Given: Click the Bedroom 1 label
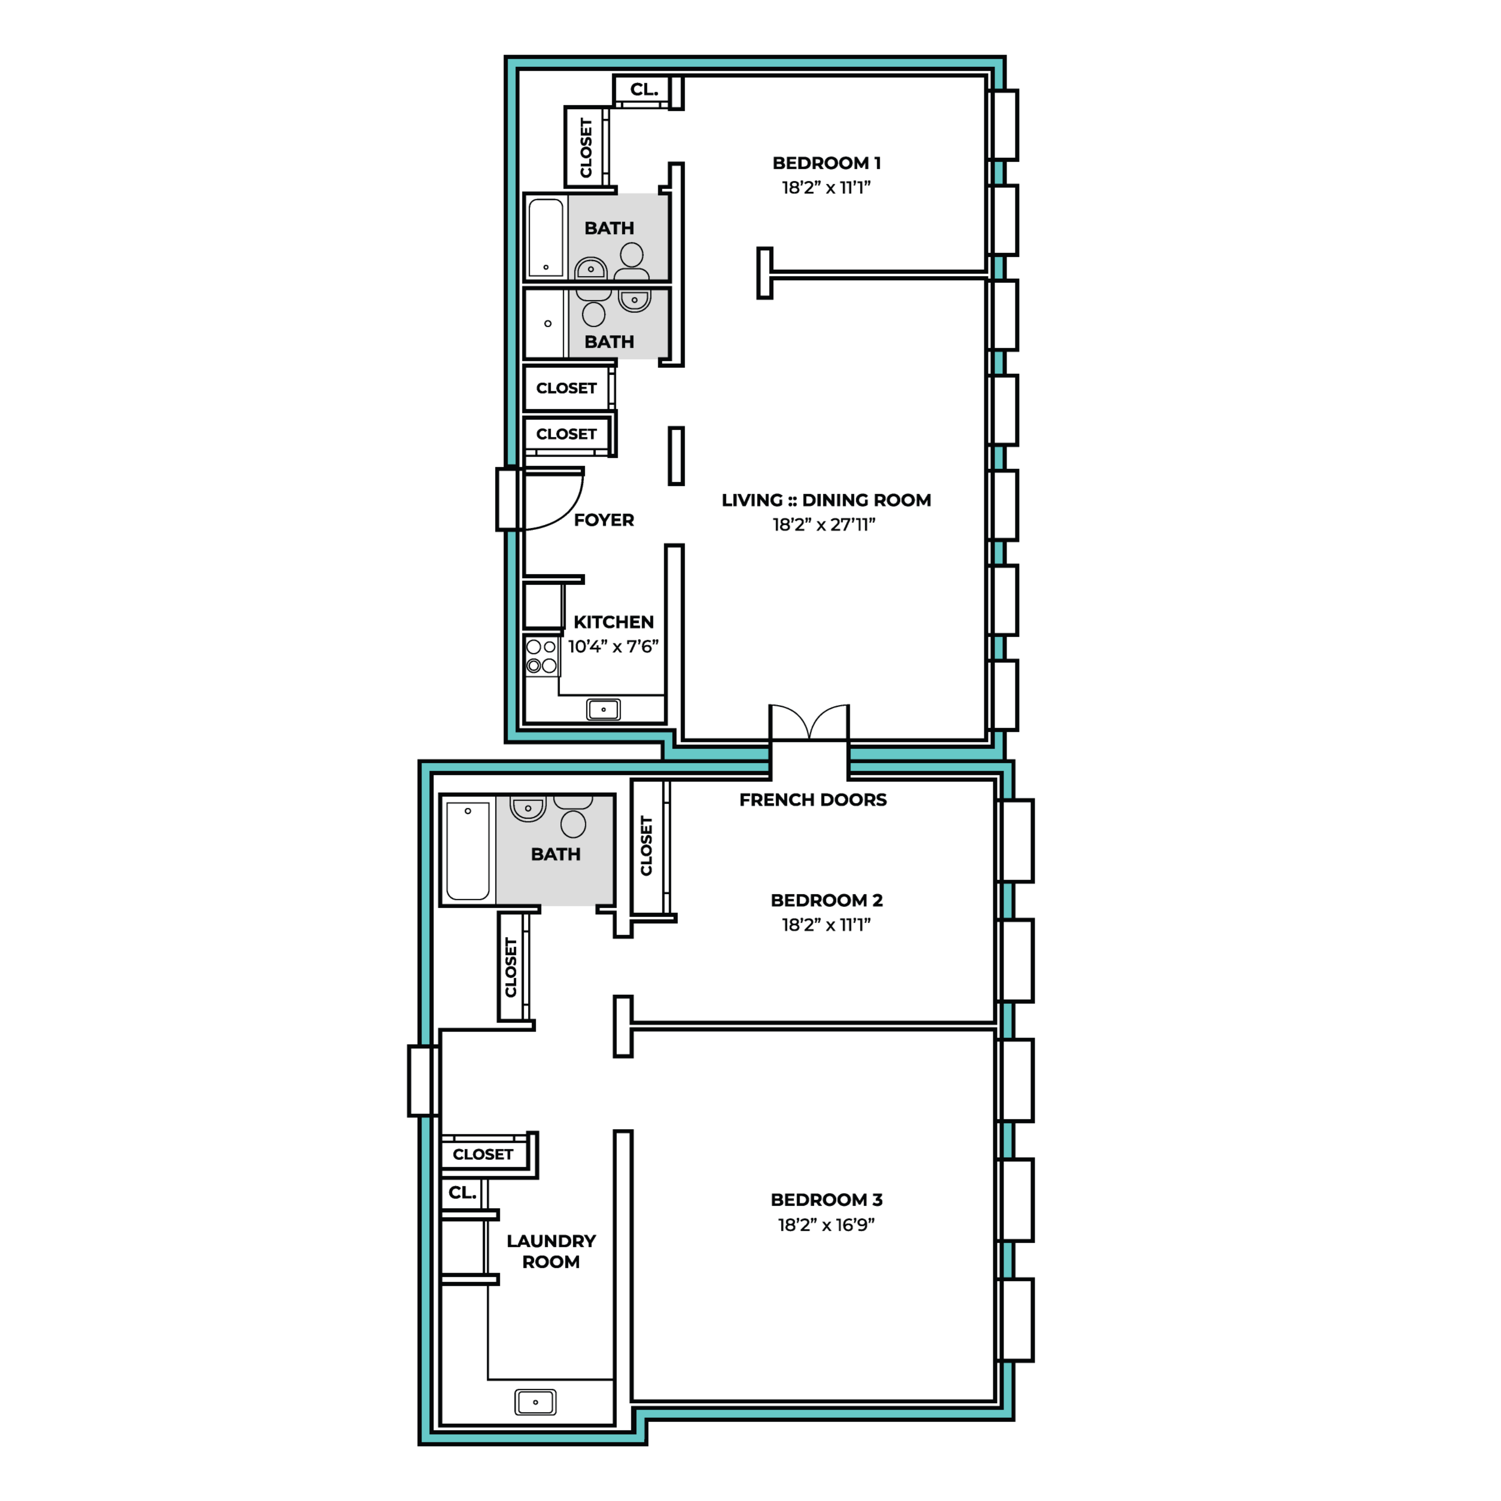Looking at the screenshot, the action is tap(826, 163).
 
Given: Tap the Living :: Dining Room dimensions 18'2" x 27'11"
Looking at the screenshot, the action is tap(824, 524).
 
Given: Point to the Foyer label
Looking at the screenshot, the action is tap(604, 520).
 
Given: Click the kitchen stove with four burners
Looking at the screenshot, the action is tap(542, 656).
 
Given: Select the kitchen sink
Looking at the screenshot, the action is tap(604, 709).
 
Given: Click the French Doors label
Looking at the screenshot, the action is tap(813, 800).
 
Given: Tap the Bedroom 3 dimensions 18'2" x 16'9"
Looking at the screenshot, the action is tap(826, 1224).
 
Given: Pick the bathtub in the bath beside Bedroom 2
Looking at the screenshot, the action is tap(468, 851).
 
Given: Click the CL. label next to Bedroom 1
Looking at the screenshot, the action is tap(644, 89).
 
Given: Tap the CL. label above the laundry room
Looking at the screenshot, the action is tap(462, 1193).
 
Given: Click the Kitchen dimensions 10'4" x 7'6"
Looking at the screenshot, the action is tap(613, 646).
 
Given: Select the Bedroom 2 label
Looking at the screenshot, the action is tap(826, 901).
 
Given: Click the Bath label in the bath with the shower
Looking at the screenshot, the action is tap(609, 342).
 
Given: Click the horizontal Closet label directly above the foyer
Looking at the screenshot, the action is tap(566, 433).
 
